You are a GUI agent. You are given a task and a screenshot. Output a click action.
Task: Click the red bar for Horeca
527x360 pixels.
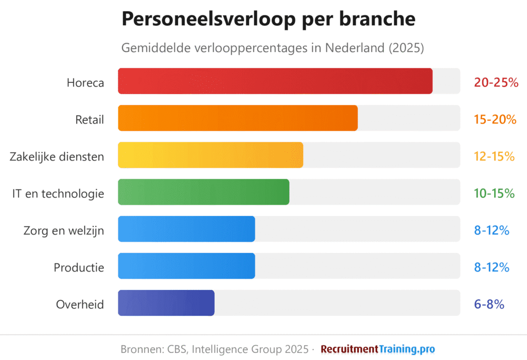tap(275, 81)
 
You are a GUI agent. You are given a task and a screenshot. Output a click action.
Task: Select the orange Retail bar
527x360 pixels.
tap(238, 118)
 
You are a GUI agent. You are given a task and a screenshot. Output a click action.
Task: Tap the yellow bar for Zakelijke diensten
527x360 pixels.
tap(210, 155)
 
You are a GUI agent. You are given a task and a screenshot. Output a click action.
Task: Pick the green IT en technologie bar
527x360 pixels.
tap(203, 192)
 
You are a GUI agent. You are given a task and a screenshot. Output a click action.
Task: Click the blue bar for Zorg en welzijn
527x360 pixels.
tap(186, 229)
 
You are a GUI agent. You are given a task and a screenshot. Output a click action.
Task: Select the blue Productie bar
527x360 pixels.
tap(186, 266)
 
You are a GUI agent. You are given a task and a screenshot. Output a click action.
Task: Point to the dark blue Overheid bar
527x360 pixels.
tap(166, 303)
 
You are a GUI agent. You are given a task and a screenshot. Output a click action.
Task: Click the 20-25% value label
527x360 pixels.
tap(496, 82)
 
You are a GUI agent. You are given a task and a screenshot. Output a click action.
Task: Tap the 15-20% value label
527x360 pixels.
tap(495, 119)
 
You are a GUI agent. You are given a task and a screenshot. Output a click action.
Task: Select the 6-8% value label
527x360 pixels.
tap(489, 304)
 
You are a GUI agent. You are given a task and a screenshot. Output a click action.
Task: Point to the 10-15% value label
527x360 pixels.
tap(494, 193)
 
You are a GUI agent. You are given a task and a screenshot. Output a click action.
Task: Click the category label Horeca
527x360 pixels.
tap(85, 82)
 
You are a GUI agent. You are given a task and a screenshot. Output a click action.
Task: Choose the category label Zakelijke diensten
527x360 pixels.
tap(57, 156)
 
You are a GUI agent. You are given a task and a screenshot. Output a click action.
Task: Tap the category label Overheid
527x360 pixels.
tap(80, 304)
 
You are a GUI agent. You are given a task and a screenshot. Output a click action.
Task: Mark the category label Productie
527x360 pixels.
tap(79, 267)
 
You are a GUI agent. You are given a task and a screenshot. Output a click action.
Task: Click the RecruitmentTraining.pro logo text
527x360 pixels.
tap(378, 349)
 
